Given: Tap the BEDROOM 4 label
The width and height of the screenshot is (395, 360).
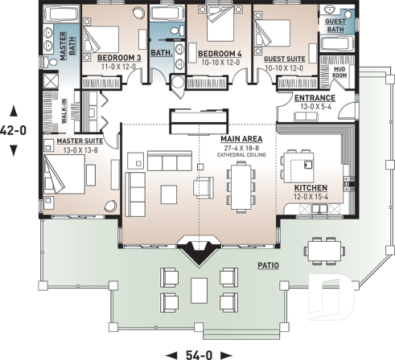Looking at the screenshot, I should coord(218,54).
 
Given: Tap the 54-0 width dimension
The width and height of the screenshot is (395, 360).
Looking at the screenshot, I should coord(199,354).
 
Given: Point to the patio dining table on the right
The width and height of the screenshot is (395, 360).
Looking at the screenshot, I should coord(326,251).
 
